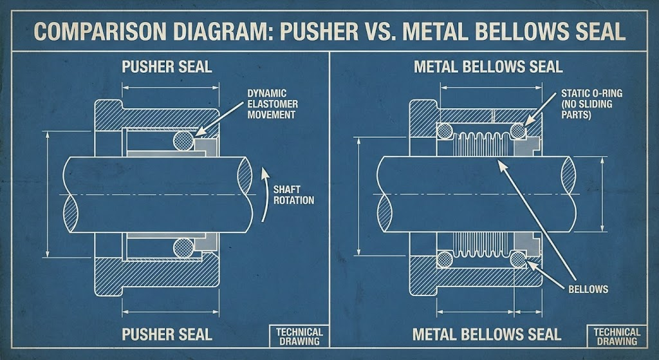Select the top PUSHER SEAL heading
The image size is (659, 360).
167,67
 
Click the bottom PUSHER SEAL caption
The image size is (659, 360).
167,334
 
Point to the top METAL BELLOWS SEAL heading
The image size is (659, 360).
488,67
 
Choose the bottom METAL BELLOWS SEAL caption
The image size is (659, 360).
487,334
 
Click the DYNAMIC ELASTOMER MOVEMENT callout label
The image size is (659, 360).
271,104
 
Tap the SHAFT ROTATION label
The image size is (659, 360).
293,194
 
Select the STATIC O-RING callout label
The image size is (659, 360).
591,104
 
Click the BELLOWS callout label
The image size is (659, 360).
588,289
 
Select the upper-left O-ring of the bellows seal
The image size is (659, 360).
444,131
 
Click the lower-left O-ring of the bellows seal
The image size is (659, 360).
444,259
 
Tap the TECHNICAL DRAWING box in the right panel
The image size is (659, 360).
617,336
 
